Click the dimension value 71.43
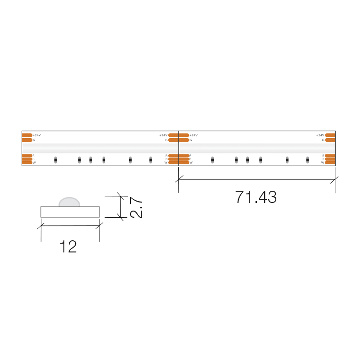click(x=256, y=197)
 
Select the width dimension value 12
click(x=68, y=247)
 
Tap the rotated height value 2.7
click(x=136, y=207)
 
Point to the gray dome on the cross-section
click(x=69, y=202)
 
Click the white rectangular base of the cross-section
click(x=70, y=212)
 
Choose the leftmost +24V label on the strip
click(x=37, y=135)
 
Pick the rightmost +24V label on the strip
click(x=320, y=135)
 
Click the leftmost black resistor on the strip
click(x=55, y=160)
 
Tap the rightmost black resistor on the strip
click(x=307, y=160)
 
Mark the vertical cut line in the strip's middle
click(x=178, y=148)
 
